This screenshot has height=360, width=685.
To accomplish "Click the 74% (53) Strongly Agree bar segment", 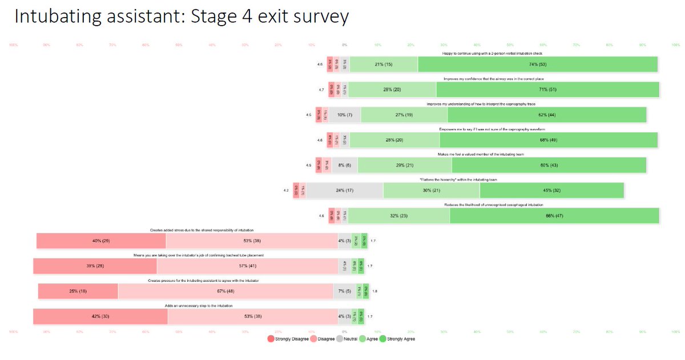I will (x=537, y=64).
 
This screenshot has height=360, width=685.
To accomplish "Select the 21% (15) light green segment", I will (x=384, y=64).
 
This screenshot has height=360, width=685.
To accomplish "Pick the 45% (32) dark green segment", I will (x=551, y=191).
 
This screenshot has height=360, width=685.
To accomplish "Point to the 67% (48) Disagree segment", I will (x=225, y=291).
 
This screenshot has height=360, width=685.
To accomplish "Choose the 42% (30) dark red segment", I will (x=100, y=316).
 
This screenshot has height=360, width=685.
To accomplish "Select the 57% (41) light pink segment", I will (x=247, y=266).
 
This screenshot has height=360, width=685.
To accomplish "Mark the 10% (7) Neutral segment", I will (x=345, y=115).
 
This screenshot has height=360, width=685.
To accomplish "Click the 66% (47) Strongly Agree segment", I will (x=554, y=216).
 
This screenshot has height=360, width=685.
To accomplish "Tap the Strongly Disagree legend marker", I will (x=271, y=339).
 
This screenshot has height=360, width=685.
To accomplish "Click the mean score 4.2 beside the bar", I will (x=286, y=191).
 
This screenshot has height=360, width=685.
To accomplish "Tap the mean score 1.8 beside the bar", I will (x=374, y=291).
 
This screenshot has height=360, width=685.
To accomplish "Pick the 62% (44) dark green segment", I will (x=546, y=115).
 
